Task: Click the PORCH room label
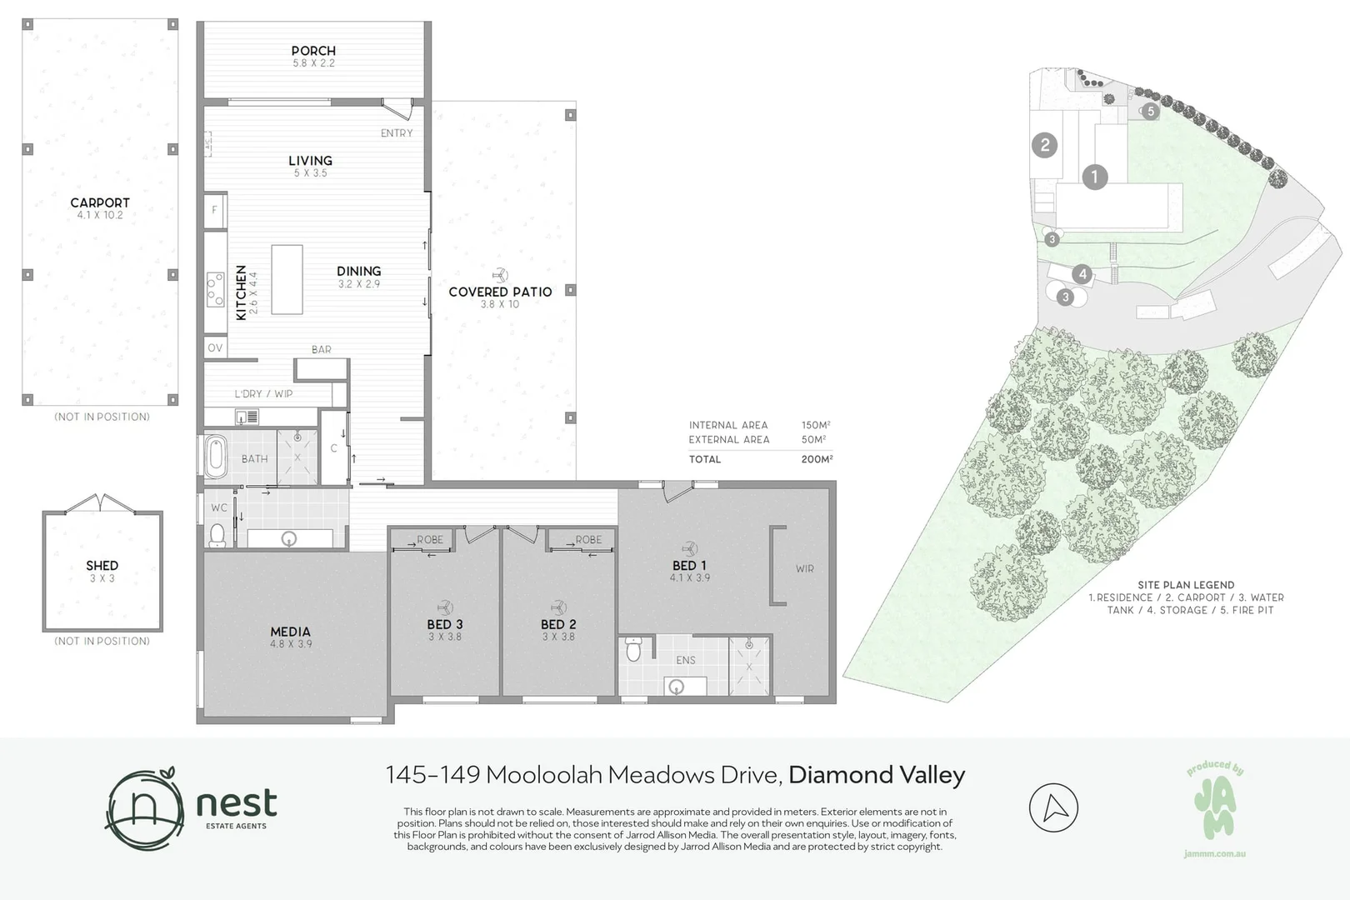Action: coord(313,51)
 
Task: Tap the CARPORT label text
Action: coord(100,203)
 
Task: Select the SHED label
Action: coord(102,566)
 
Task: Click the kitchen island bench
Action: coord(287,279)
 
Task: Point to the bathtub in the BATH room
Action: coord(216,457)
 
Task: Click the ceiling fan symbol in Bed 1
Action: coord(689,548)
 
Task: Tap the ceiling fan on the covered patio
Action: coord(500,276)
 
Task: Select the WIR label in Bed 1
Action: coord(804,568)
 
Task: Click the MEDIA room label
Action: coord(291,632)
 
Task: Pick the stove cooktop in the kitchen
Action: coord(216,289)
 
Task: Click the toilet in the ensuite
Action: coord(632,649)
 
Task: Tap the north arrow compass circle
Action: coord(1053,807)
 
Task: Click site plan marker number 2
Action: coord(1044,145)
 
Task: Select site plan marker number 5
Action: coord(1151,111)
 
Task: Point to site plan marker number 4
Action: coord(1082,274)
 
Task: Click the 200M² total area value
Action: coord(816,458)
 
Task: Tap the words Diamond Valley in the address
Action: coord(877,775)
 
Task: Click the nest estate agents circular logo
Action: coord(145,808)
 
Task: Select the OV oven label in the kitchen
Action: coord(215,347)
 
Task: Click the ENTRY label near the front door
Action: coord(397,133)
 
